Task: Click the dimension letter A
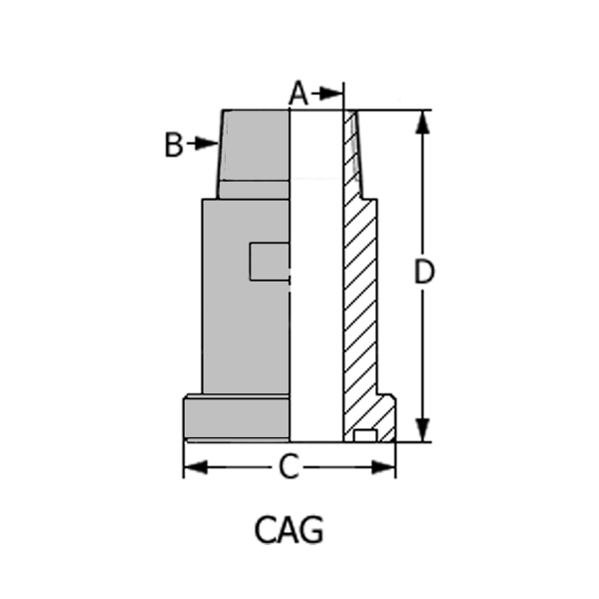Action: tap(299, 93)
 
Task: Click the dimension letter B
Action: tap(174, 145)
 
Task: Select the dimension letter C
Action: tap(289, 467)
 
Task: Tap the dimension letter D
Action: tap(424, 272)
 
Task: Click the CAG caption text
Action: tap(289, 529)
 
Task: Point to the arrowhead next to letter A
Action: tap(334, 94)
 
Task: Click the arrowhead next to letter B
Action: tap(208, 144)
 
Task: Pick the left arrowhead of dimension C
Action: tap(194, 467)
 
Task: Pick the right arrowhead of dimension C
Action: tap(385, 467)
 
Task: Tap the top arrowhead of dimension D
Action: tap(423, 121)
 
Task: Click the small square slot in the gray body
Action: tap(269, 261)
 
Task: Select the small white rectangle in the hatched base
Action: tap(365, 434)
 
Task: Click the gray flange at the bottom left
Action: tap(237, 417)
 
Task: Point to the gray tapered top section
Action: tap(255, 145)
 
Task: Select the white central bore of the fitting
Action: tap(315, 280)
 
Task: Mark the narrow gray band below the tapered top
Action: tap(254, 189)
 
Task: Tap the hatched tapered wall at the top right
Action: tap(353, 150)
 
